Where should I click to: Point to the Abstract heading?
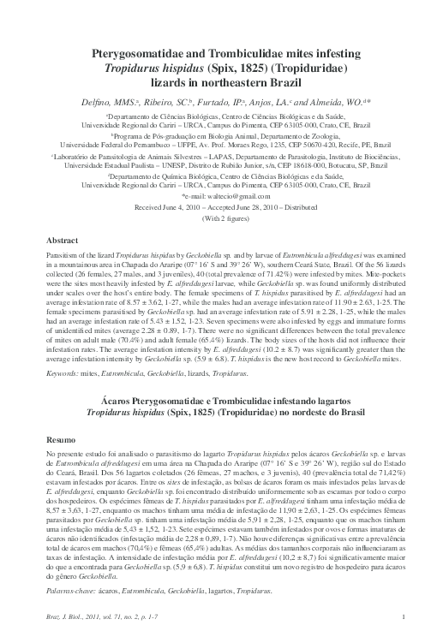(61, 242)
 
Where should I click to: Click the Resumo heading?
(61, 438)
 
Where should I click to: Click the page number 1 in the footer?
(390, 627)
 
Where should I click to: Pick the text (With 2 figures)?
(218, 217)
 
